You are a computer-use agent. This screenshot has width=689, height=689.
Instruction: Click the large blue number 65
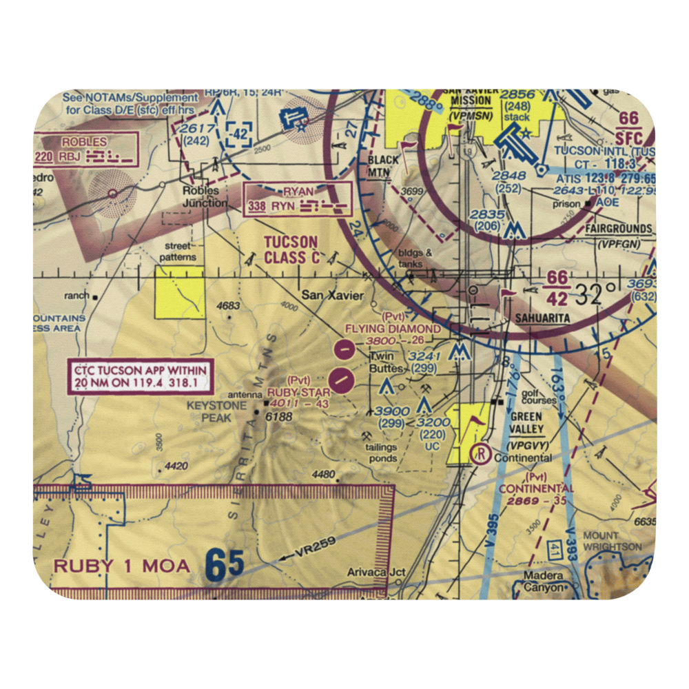pyautogui.click(x=225, y=565)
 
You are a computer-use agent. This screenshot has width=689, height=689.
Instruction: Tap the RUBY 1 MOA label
pyautogui.click(x=121, y=566)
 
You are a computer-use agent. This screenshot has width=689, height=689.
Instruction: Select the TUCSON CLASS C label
pyautogui.click(x=292, y=249)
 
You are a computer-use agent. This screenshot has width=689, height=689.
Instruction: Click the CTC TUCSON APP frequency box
pyautogui.click(x=141, y=377)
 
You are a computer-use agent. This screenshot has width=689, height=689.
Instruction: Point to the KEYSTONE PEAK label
pyautogui.click(x=216, y=411)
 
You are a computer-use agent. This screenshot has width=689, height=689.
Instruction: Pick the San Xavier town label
pyautogui.click(x=332, y=296)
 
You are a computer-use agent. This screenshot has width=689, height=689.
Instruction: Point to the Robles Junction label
pyautogui.click(x=205, y=196)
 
